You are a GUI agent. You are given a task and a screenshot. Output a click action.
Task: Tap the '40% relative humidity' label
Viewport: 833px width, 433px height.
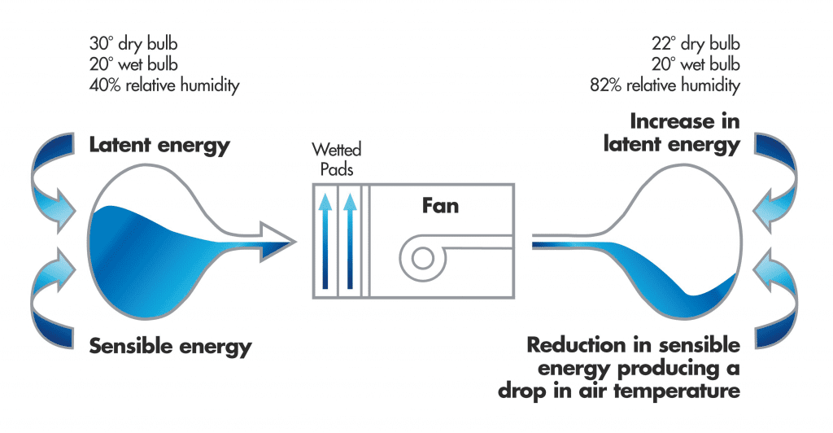[x=164, y=85]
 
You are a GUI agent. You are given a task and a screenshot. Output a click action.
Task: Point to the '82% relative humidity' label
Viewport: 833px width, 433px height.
[x=665, y=85]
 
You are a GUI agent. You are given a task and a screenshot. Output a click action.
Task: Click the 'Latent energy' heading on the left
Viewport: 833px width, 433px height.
[x=159, y=147]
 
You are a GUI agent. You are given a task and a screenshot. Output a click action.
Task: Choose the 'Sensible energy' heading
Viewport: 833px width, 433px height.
[x=170, y=347]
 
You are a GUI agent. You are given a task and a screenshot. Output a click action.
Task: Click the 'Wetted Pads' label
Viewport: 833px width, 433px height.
[x=337, y=159]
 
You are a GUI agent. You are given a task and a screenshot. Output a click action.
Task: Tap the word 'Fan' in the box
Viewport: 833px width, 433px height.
[x=440, y=206]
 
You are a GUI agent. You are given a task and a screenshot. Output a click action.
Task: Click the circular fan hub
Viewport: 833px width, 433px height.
[x=421, y=259]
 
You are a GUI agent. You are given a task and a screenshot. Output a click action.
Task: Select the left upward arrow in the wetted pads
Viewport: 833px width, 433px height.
[x=325, y=240]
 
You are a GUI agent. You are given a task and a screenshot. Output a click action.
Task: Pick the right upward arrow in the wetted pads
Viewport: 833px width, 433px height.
[x=351, y=240]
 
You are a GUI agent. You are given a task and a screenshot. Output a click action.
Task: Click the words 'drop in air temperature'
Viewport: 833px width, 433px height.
[x=619, y=391]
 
